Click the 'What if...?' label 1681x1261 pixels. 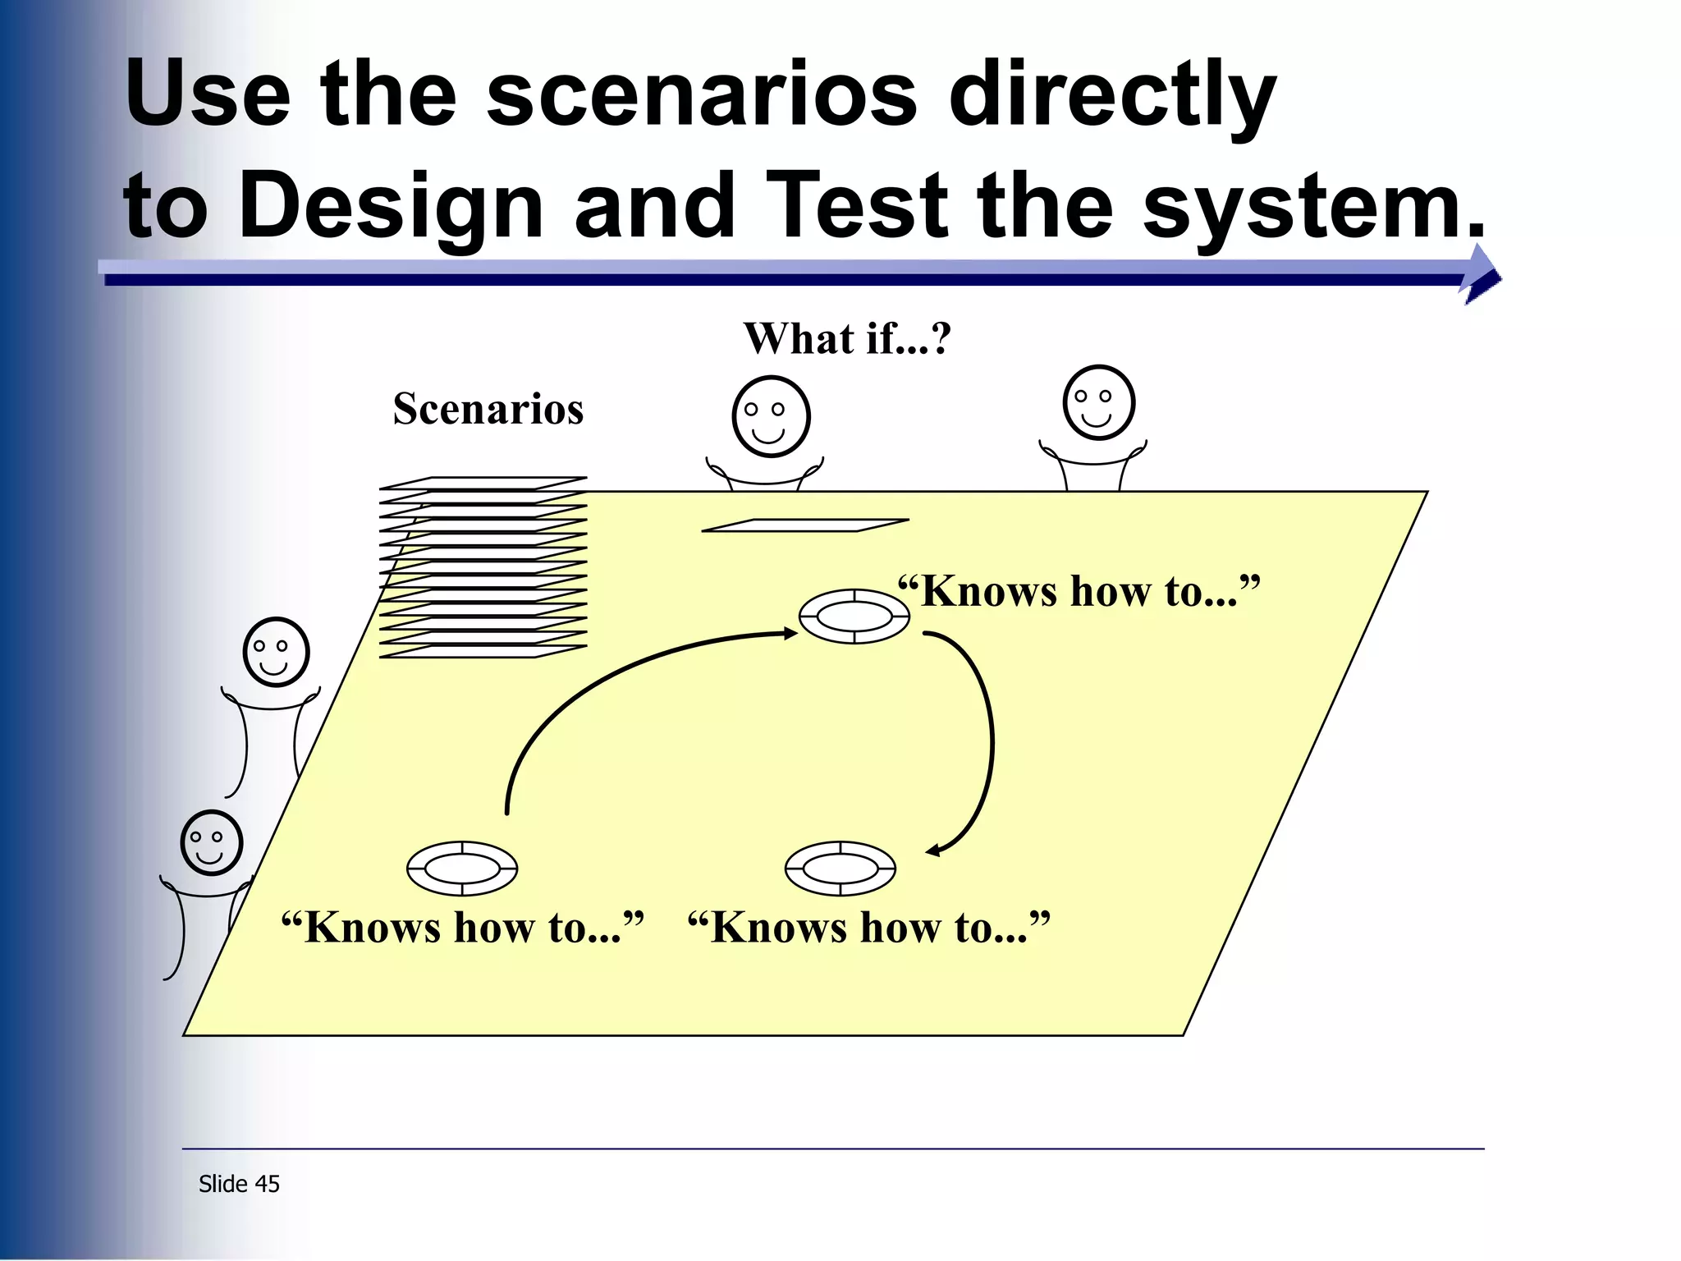846,338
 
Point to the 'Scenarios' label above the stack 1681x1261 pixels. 488,409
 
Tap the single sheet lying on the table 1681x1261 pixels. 805,525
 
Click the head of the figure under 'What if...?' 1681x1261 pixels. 771,416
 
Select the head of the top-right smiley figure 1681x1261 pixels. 1098,402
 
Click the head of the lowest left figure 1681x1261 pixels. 212,843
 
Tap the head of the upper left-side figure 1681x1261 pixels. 276,652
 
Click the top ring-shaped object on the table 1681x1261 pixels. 854,616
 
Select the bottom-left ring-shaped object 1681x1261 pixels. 462,868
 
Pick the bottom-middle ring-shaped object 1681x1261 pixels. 840,868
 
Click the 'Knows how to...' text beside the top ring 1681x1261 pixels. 1079,591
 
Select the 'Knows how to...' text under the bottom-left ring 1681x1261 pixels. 462,929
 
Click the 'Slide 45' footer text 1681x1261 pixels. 239,1184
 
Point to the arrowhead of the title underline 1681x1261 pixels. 1481,275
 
